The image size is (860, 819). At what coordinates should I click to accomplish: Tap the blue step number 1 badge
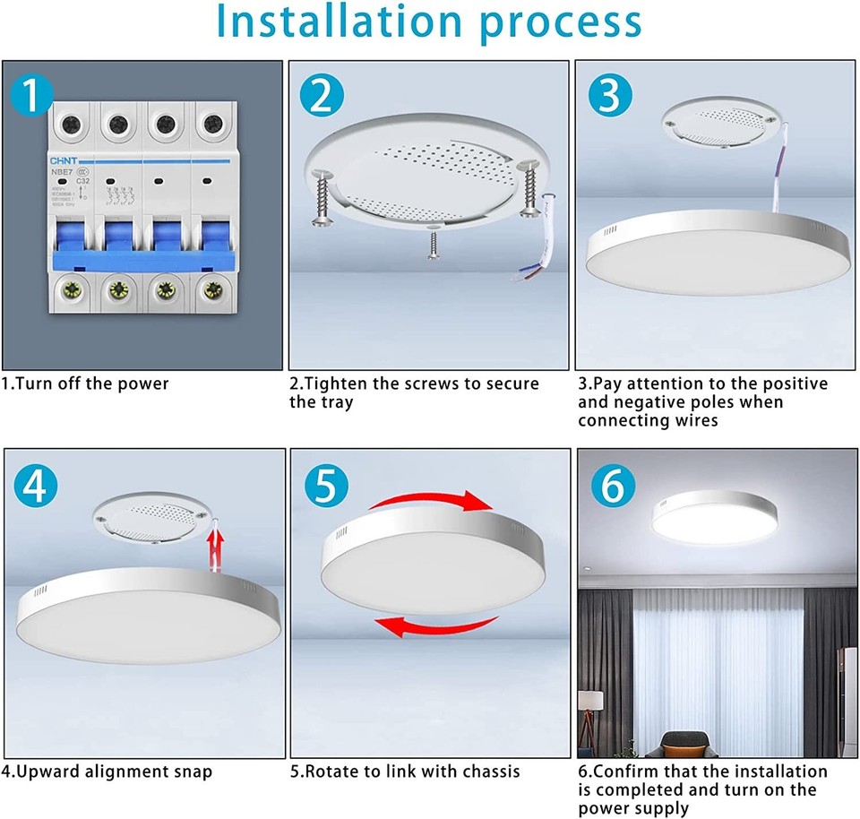31,94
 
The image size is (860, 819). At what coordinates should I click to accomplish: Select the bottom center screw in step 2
434,242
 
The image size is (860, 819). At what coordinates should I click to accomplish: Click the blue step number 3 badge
611,94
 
